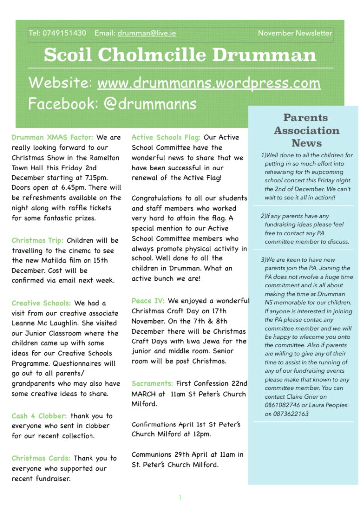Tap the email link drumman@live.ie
(x=147, y=33)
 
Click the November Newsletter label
(x=294, y=33)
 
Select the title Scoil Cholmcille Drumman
(x=180, y=55)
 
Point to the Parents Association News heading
(x=306, y=130)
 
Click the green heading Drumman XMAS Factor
(x=52, y=137)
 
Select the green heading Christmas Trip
(x=38, y=241)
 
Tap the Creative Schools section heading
(x=41, y=303)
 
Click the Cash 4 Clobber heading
(x=39, y=416)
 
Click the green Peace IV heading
(x=148, y=301)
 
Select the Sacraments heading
(x=152, y=383)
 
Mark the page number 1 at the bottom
(x=180, y=497)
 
